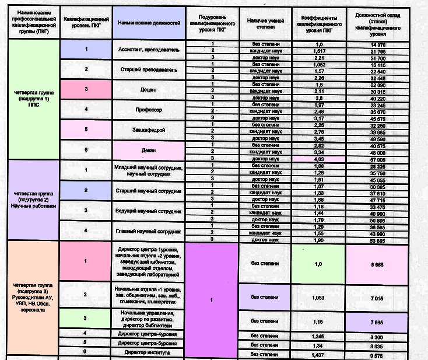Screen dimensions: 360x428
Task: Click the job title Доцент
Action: (x=151, y=90)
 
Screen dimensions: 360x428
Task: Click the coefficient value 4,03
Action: (x=318, y=158)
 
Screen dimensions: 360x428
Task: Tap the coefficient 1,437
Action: (x=318, y=354)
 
